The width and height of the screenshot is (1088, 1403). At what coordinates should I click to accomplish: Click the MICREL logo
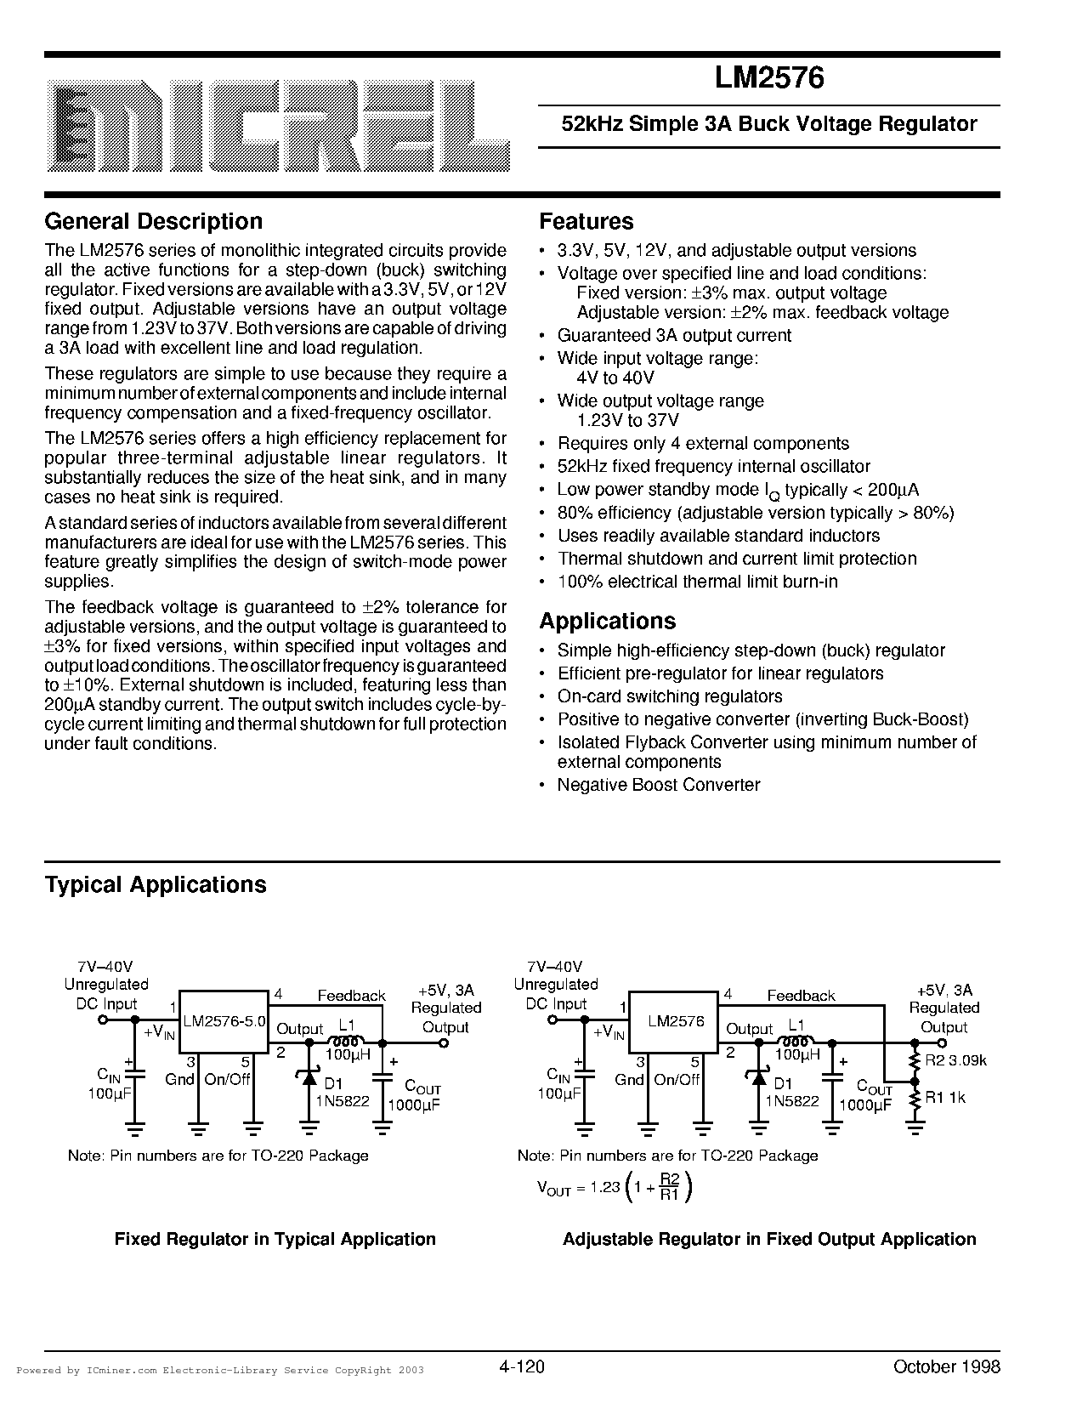279,124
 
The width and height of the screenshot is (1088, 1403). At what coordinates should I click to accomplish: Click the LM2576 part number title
768,78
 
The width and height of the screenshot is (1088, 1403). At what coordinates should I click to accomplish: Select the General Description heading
153,221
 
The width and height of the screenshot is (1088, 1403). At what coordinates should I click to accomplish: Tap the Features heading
586,221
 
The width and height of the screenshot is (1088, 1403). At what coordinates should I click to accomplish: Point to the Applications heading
608,621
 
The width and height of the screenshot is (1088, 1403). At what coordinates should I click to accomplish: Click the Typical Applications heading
156,884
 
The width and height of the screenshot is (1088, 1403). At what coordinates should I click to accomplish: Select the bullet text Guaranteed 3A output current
674,336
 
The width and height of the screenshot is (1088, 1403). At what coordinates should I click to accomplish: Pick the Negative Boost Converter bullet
659,785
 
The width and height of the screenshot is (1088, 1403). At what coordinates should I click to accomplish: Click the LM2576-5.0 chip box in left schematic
224,1021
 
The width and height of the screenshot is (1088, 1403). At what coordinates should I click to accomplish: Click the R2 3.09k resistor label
955,1060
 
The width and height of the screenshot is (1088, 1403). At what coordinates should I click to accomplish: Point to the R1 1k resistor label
945,1098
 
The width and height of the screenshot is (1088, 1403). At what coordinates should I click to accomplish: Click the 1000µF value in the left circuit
414,1105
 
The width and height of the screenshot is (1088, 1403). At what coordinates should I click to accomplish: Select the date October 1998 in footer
946,1367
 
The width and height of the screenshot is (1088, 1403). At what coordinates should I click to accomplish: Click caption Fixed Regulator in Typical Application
275,1239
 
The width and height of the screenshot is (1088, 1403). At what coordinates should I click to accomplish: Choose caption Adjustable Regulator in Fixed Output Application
769,1239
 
